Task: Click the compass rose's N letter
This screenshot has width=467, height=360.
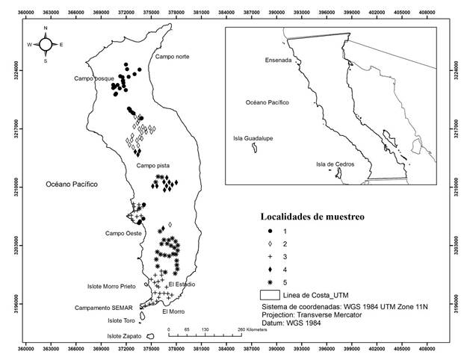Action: point(46,28)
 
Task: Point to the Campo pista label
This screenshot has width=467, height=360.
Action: point(152,165)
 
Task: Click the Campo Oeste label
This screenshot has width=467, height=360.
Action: point(123,233)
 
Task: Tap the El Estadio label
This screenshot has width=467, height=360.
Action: point(182,285)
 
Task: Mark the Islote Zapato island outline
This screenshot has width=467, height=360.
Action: point(150,336)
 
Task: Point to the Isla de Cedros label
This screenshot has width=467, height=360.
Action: point(335,164)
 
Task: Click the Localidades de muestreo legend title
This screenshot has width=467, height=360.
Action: point(312,217)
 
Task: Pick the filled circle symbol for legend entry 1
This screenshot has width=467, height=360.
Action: point(270,232)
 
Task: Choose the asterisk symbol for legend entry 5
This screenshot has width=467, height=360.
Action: point(270,282)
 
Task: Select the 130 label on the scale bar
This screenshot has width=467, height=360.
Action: point(205,329)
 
